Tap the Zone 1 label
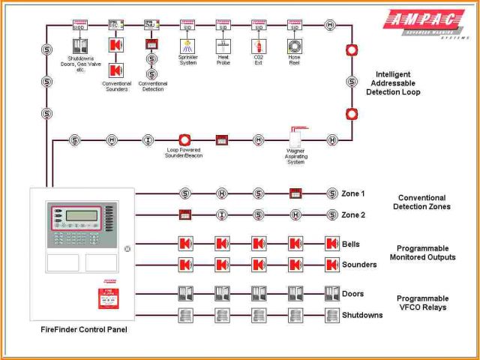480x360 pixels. [353, 193]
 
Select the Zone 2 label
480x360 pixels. [353, 215]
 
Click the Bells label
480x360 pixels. [350, 244]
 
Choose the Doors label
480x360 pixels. [352, 294]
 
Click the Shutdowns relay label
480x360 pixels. [362, 315]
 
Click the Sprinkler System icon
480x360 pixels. [187, 46]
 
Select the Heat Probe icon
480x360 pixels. [223, 46]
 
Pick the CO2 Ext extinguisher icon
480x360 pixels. [258, 46]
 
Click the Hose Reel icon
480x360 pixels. [294, 46]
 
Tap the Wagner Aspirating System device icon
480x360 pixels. [296, 140]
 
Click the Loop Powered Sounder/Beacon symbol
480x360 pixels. [185, 139]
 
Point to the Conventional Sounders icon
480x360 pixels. [116, 70]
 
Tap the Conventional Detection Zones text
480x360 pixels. [422, 202]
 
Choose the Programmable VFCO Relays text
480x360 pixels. [422, 302]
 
